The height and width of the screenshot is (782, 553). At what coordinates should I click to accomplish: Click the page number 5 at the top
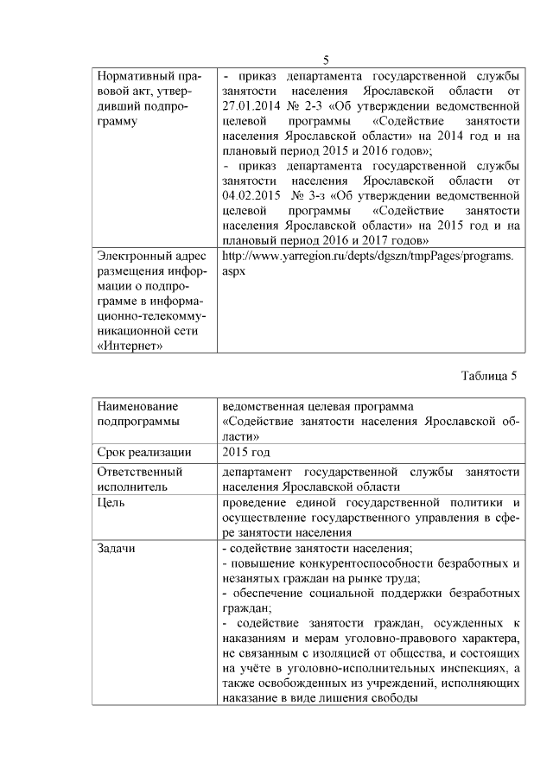[x=326, y=60]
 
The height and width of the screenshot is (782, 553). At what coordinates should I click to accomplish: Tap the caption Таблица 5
[x=490, y=375]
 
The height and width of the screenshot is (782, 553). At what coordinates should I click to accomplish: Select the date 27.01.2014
[x=252, y=104]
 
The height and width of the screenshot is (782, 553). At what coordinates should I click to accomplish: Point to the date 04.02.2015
[x=252, y=194]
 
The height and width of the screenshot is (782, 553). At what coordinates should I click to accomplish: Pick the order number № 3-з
[x=315, y=194]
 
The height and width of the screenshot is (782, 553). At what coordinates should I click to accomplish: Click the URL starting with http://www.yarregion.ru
[x=367, y=256]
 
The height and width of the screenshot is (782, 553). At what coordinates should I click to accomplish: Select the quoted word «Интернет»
[x=131, y=346]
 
